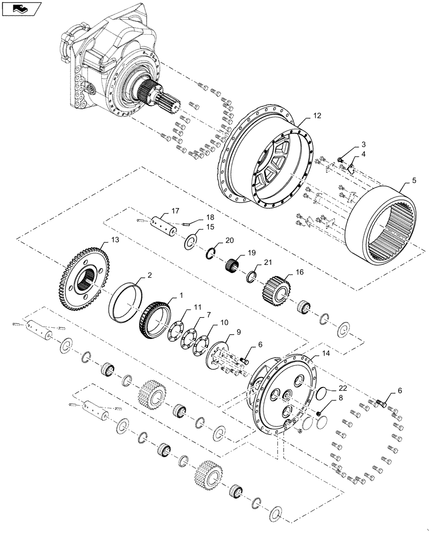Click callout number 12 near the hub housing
[x=302, y=116]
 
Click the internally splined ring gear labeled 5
[x=379, y=229]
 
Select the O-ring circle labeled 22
[x=320, y=395]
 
